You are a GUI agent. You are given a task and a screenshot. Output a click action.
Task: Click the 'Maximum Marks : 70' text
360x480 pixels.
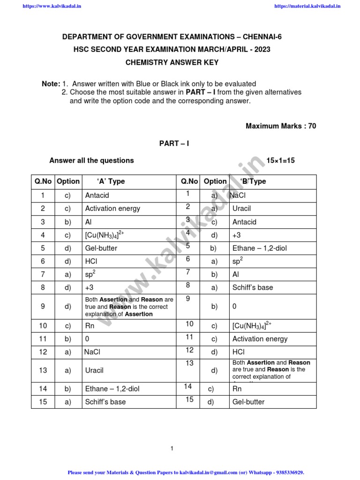click(x=281, y=126)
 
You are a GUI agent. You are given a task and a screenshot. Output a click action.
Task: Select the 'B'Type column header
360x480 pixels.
click(x=253, y=181)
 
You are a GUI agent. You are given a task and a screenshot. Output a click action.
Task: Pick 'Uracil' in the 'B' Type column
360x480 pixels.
click(x=242, y=209)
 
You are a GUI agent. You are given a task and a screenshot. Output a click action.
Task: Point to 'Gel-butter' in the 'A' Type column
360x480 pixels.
click(x=101, y=248)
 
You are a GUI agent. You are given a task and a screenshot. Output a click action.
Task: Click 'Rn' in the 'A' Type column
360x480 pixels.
click(x=90, y=326)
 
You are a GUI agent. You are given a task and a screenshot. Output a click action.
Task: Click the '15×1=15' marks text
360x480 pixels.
click(x=281, y=160)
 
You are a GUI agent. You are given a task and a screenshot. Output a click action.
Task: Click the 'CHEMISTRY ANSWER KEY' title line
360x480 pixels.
click(x=172, y=62)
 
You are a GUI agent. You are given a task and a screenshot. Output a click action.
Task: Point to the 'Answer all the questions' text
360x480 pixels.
click(x=91, y=160)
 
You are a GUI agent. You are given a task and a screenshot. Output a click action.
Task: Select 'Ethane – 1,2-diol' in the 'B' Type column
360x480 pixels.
click(x=259, y=248)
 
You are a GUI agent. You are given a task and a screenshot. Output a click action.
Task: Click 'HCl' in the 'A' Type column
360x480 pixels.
click(x=91, y=261)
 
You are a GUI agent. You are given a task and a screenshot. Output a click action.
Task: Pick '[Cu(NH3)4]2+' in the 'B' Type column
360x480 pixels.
click(x=252, y=325)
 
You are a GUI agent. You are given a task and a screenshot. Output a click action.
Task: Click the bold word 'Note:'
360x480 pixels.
click(x=51, y=83)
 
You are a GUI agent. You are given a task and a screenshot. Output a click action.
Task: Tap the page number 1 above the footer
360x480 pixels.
click(x=172, y=449)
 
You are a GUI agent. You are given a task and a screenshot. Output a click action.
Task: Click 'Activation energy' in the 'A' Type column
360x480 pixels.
click(x=112, y=209)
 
